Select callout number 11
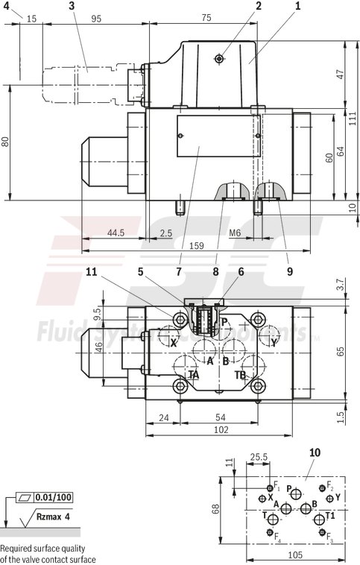pyautogui.click(x=91, y=273)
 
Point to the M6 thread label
pyautogui.click(x=235, y=233)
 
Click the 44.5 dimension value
pyautogui.click(x=115, y=233)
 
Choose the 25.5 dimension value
pyautogui.click(x=259, y=457)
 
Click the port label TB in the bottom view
pyautogui.click(x=241, y=375)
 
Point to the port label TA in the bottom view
pyautogui.click(x=193, y=375)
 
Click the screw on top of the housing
pyautogui.click(x=218, y=59)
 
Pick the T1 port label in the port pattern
pyautogui.click(x=329, y=515)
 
